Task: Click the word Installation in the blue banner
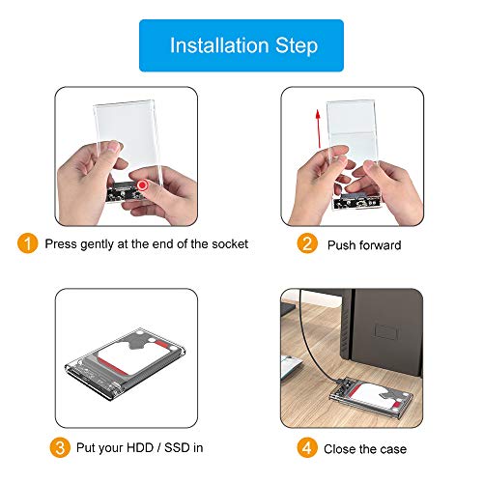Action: [x=216, y=44]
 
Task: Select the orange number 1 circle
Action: [x=29, y=243]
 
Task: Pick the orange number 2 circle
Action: [x=307, y=244]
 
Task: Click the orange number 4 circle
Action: [x=307, y=448]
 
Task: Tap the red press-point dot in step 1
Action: [x=144, y=184]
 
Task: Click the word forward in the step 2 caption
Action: [x=382, y=245]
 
